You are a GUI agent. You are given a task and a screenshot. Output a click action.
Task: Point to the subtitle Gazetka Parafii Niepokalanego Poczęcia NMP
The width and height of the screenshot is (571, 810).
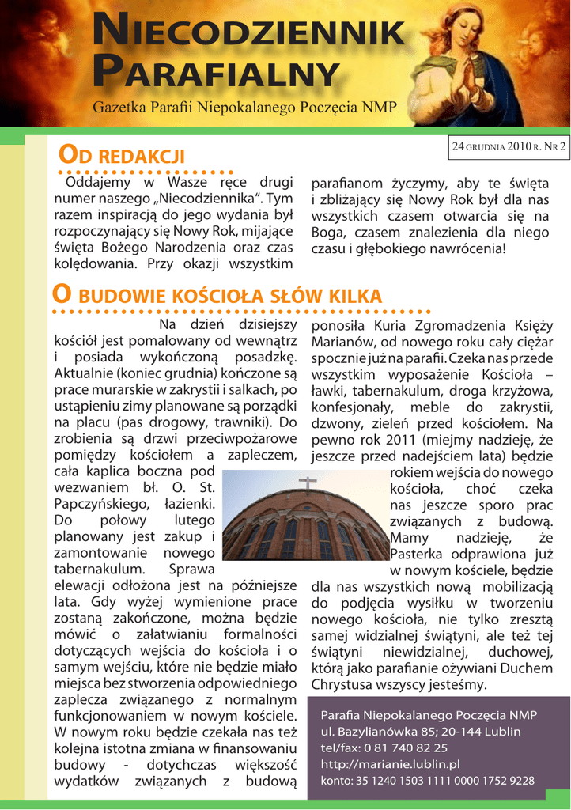coord(244,107)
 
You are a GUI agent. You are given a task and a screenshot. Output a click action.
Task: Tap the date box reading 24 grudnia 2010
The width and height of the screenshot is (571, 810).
coord(509,146)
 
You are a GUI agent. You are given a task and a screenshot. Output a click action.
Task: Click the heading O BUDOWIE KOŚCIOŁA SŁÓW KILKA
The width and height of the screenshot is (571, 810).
coord(217,296)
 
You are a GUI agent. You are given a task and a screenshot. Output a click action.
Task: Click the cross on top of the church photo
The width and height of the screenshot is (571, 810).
coord(308,483)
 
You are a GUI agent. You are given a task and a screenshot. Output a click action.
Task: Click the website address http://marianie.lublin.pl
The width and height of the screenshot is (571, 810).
coord(390,764)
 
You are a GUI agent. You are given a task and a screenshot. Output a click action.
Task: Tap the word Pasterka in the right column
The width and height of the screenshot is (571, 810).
coord(421,554)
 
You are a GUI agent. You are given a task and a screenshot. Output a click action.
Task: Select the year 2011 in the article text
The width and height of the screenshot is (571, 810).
coord(403,439)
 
